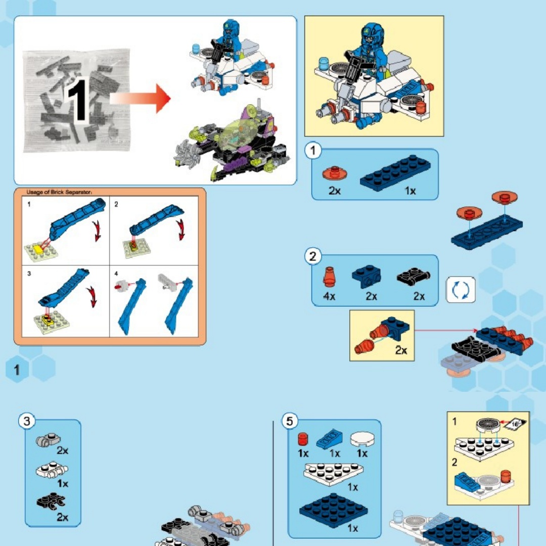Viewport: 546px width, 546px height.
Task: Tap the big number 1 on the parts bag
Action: click(x=78, y=100)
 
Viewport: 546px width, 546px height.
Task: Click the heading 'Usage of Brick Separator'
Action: click(x=59, y=192)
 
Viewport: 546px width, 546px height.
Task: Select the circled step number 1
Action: click(x=313, y=151)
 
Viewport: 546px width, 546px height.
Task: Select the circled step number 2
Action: click(x=313, y=257)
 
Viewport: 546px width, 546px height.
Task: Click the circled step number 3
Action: click(x=27, y=421)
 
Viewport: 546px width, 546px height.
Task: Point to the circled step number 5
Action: click(x=290, y=421)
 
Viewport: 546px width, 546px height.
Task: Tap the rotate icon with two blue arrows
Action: click(x=461, y=290)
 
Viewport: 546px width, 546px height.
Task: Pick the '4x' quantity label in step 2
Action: click(x=329, y=296)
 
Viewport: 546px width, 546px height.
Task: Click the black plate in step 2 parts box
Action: click(x=414, y=277)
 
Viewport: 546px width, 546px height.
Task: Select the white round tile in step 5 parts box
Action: click(x=362, y=439)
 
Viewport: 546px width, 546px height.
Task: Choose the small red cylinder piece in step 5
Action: click(x=303, y=439)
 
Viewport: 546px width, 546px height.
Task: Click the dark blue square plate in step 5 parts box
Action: click(x=333, y=510)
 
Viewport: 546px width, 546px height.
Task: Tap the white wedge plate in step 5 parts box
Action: click(x=333, y=474)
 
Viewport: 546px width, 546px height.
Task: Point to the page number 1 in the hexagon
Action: click(x=17, y=370)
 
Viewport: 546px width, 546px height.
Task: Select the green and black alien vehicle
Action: click(x=232, y=144)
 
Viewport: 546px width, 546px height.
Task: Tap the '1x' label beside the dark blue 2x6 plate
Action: click(x=410, y=191)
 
